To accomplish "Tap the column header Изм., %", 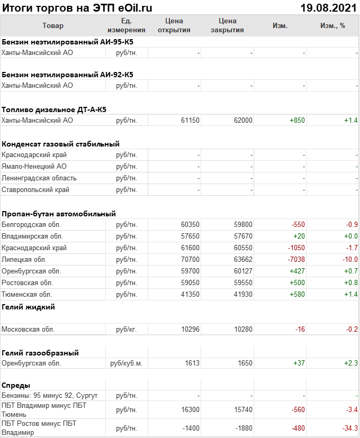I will tap(332, 26).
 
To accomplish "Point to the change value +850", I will tap(297, 121).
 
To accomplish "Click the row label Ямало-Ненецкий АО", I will tap(34, 167).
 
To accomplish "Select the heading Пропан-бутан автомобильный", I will tap(59, 214).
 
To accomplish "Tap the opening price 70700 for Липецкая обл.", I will tap(190, 260).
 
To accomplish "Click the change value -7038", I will tap(295, 260).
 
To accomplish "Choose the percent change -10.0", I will tap(349, 260).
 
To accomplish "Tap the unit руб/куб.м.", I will tap(127, 364).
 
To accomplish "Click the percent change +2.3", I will tap(350, 364).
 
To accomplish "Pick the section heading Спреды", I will tap(16, 385).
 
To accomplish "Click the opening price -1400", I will tap(189, 428).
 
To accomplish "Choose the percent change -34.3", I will tap(349, 428).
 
